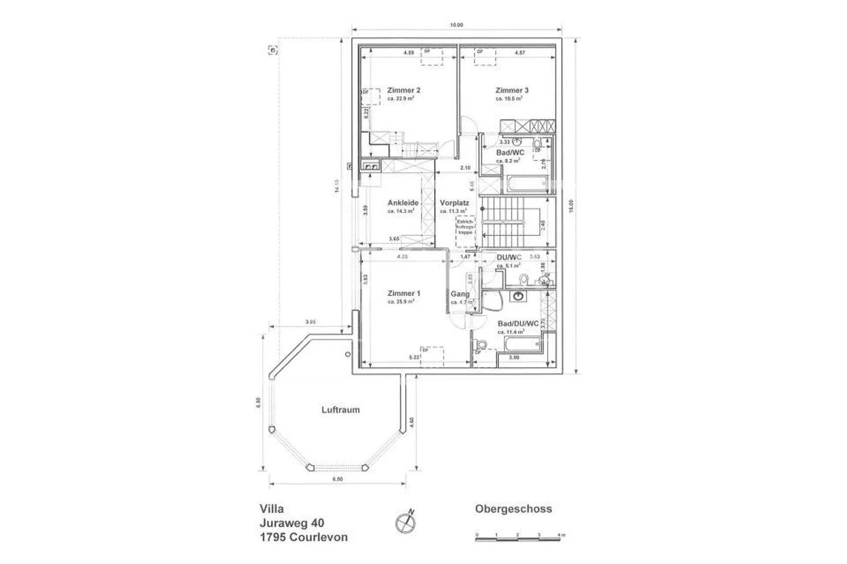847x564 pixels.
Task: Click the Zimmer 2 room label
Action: (x=404, y=91)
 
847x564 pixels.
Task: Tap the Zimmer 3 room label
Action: (x=511, y=91)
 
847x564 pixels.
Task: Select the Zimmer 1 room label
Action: (x=404, y=293)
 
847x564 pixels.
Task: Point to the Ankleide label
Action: (x=403, y=203)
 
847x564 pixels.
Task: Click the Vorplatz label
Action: (x=454, y=203)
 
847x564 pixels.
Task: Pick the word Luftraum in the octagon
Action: (x=340, y=410)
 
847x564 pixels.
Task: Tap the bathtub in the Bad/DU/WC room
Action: (x=518, y=345)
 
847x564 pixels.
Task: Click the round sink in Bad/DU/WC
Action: (x=518, y=296)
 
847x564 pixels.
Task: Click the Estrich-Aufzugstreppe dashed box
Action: (x=465, y=228)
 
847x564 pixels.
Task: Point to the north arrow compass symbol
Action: (x=405, y=521)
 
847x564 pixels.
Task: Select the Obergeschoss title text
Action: (x=513, y=509)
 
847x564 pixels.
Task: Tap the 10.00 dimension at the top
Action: (x=456, y=25)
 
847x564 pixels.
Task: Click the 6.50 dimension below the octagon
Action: (x=337, y=480)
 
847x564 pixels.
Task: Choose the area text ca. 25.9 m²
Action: (x=401, y=302)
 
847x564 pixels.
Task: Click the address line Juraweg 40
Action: (x=291, y=523)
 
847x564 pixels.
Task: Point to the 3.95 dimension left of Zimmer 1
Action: (x=311, y=322)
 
